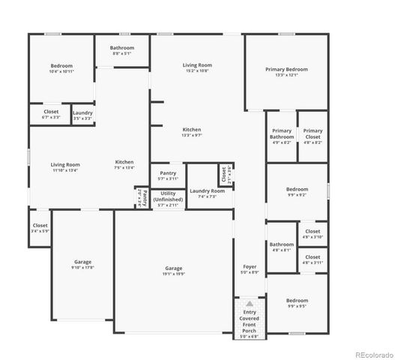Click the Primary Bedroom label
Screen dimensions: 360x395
(x=286, y=69)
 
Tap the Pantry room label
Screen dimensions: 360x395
(x=168, y=173)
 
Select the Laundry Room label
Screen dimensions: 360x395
(x=207, y=190)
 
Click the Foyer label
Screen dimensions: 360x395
(x=250, y=266)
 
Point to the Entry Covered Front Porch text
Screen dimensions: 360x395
(x=250, y=321)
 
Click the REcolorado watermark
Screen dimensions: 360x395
(x=373, y=355)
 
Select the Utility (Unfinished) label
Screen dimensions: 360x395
(x=168, y=196)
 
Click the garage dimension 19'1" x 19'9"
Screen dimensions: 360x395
(x=173, y=274)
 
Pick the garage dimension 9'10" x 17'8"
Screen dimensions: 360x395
(x=82, y=267)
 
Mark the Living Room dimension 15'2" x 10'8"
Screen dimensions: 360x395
(x=197, y=70)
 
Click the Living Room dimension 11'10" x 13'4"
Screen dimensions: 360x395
(x=65, y=170)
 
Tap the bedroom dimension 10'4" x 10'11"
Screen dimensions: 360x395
(x=61, y=71)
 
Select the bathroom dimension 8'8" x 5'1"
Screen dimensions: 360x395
(x=122, y=53)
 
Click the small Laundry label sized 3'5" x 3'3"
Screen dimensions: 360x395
(x=82, y=118)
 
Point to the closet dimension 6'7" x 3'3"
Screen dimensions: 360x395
(x=51, y=117)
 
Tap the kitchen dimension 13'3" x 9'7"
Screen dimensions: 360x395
(x=192, y=135)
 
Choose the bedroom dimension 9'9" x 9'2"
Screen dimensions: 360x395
(x=296, y=195)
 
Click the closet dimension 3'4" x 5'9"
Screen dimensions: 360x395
(x=40, y=231)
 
